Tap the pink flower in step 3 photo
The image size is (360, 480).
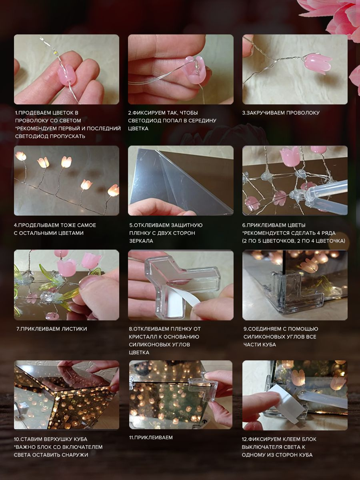point(318,62)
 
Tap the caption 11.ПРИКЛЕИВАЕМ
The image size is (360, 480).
point(151,437)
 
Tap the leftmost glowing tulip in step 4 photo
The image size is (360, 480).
point(21,156)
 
